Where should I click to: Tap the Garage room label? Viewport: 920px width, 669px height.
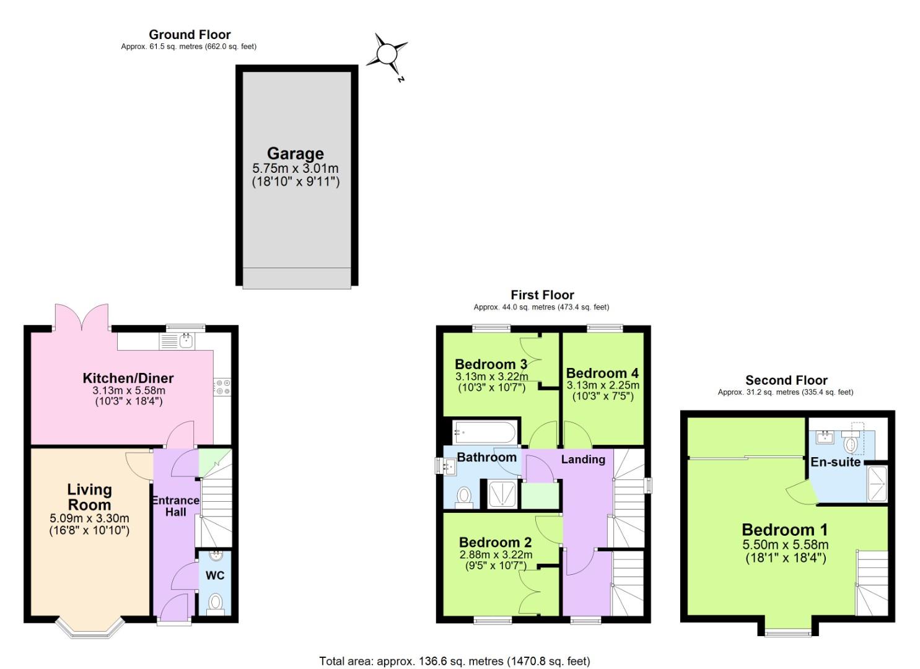(296, 154)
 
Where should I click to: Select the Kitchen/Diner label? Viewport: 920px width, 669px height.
(128, 378)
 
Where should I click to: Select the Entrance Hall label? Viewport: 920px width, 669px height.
(175, 506)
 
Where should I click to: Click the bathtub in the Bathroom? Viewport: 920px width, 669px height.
(484, 431)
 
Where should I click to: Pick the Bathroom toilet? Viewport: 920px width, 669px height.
(463, 496)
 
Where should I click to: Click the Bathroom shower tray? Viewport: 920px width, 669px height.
(502, 494)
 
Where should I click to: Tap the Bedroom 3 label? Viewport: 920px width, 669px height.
(491, 364)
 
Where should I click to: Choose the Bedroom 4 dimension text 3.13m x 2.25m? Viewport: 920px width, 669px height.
(603, 385)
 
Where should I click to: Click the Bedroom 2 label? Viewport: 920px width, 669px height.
(495, 543)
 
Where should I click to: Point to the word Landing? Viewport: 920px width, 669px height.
(583, 459)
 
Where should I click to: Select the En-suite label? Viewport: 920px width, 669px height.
(836, 462)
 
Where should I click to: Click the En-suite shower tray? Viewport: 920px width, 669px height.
(877, 484)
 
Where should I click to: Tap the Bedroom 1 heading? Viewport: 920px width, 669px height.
(784, 530)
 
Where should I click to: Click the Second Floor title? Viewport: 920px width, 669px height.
(786, 380)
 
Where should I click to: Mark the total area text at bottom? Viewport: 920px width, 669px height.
(454, 661)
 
